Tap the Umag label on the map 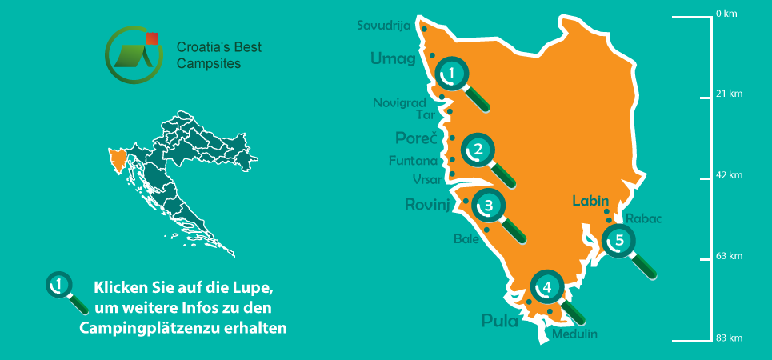point(393,58)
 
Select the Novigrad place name point(399,102)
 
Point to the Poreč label point(416,137)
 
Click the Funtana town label point(413,161)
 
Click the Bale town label point(466,238)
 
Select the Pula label point(500,322)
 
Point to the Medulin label point(574,334)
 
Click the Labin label point(591,202)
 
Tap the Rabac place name point(645,218)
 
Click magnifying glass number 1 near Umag point(452,74)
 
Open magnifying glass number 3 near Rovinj point(488,206)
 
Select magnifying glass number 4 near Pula point(546,286)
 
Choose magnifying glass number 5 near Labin point(618,240)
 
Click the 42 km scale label point(730,175)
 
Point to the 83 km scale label point(730,338)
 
